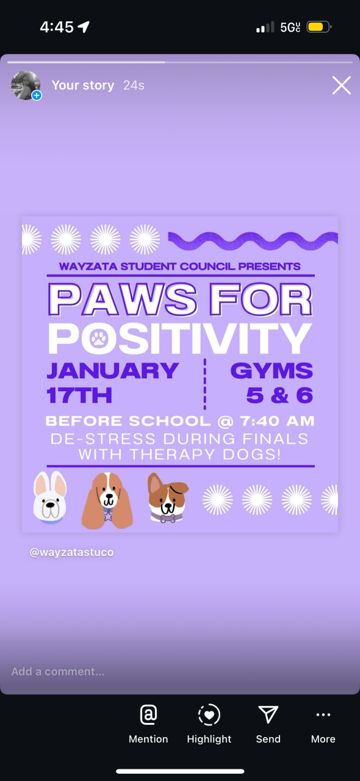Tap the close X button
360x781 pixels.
tap(342, 85)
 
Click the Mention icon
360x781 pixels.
tap(148, 714)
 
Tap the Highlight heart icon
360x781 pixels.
tap(209, 714)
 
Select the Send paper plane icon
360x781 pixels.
tap(268, 714)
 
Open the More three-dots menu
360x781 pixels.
tap(323, 714)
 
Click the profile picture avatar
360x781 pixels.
tap(26, 85)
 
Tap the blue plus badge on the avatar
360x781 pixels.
tap(37, 95)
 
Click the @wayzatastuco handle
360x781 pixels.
tap(71, 552)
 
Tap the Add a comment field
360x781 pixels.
tap(57, 671)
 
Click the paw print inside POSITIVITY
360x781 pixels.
tap(99, 338)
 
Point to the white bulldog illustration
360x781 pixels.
tap(50, 497)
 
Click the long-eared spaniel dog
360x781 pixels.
tap(107, 500)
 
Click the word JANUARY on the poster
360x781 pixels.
tap(113, 370)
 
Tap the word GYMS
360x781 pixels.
tap(272, 370)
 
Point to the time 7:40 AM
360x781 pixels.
tap(277, 421)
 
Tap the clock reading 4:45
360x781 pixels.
tap(57, 27)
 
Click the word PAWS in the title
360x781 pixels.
tap(123, 300)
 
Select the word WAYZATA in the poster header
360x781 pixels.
tap(88, 267)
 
